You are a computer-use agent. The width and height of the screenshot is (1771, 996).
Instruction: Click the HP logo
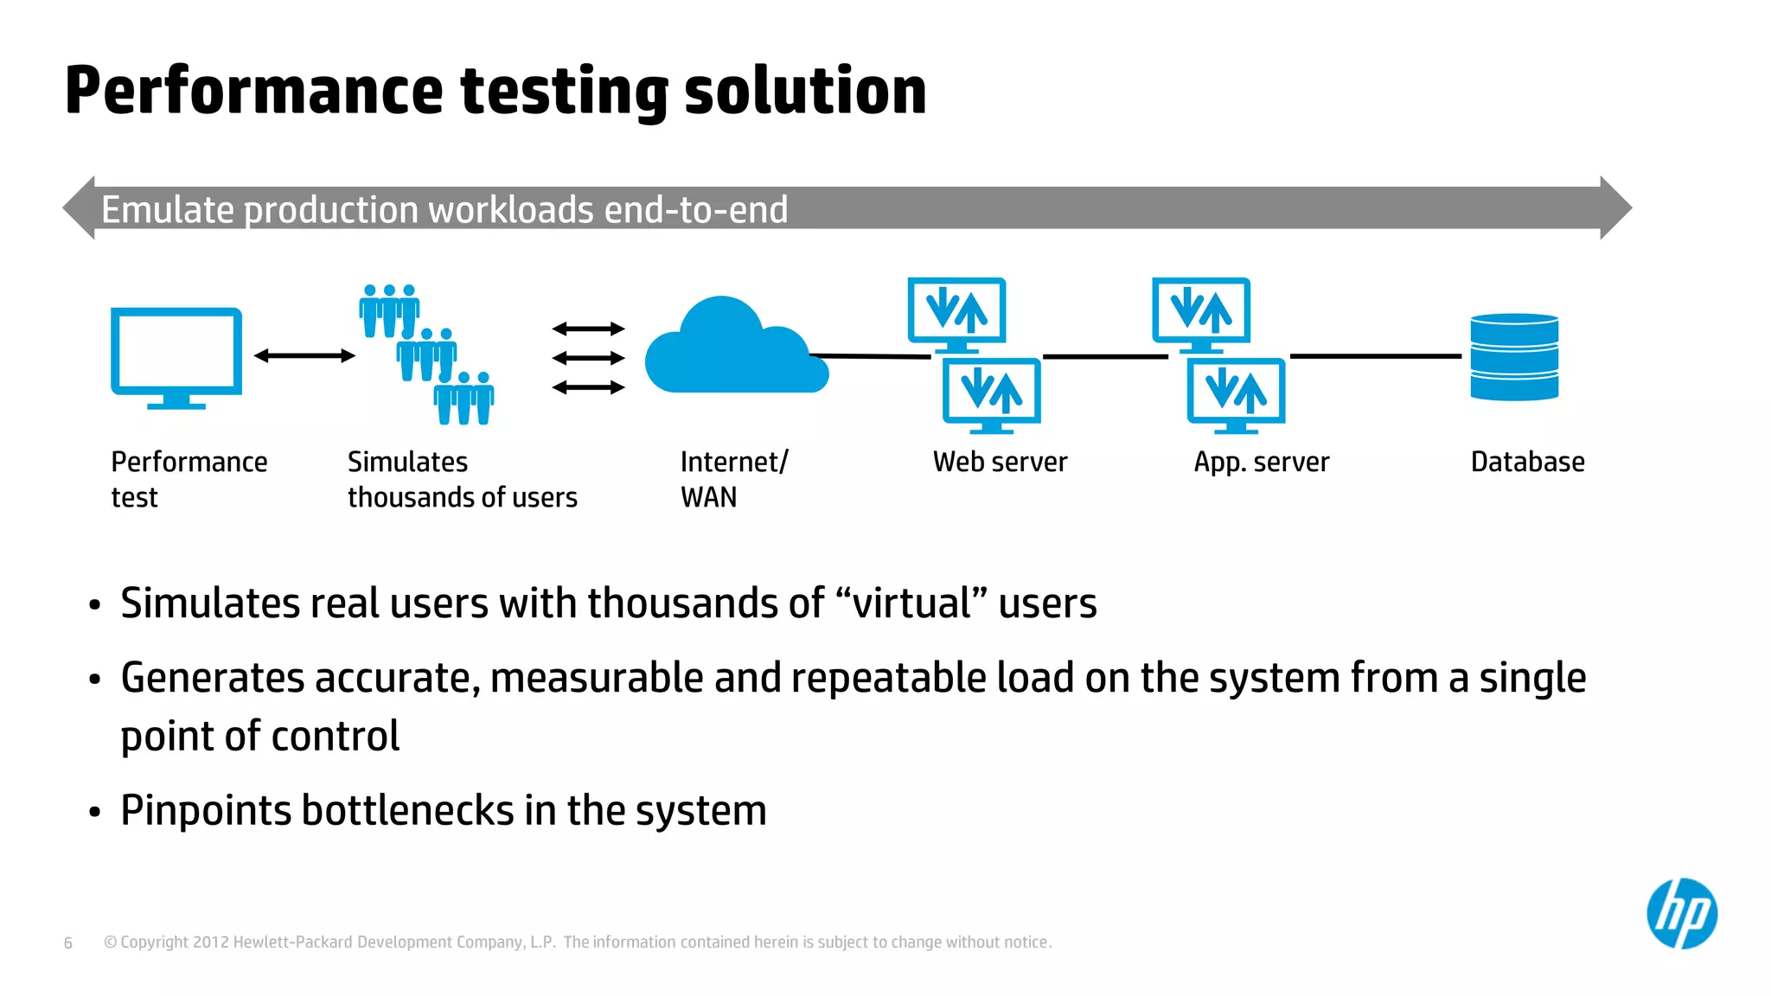point(1681,914)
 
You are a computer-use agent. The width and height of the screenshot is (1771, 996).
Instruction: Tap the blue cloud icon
point(735,350)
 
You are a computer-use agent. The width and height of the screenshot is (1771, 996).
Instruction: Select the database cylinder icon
point(1514,357)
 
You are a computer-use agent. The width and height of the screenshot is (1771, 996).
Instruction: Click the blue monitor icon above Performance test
point(176,354)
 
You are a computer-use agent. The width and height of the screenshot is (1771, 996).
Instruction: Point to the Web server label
point(1000,463)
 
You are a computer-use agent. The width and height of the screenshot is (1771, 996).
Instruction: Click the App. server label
point(1261,463)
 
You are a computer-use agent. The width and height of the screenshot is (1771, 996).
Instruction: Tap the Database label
point(1527,463)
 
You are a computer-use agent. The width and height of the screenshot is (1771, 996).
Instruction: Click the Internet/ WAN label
point(732,479)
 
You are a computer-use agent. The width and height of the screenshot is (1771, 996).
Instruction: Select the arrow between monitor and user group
point(304,355)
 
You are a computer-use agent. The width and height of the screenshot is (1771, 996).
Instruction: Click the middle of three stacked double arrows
point(588,358)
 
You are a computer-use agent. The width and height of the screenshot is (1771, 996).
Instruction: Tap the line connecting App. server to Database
point(1375,355)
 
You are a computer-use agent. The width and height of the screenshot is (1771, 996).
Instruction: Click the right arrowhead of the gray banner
point(1615,208)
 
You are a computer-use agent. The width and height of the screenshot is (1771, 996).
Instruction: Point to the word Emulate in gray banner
point(168,210)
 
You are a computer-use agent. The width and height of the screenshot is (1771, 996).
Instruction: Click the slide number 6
point(68,943)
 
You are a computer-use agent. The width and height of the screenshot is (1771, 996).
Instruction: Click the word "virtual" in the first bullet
point(911,603)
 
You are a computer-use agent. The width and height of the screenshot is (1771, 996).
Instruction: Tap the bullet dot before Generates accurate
point(95,680)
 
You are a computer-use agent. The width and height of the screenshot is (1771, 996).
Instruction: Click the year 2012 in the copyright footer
point(210,942)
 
